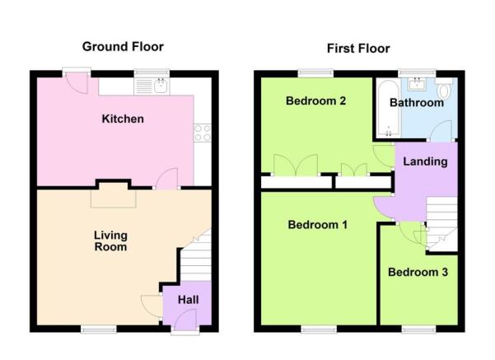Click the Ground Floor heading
(123, 47)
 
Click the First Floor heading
(358, 49)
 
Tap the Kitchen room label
(123, 119)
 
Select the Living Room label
(110, 241)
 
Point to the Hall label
(188, 300)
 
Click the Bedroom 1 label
(318, 225)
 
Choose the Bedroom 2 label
(315, 101)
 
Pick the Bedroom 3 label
(418, 272)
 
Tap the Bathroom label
(417, 103)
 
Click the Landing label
(425, 161)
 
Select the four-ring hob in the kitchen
(203, 133)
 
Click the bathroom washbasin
(418, 84)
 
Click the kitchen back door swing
(77, 82)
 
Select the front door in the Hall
(185, 320)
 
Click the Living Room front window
(99, 330)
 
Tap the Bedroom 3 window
(418, 330)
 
